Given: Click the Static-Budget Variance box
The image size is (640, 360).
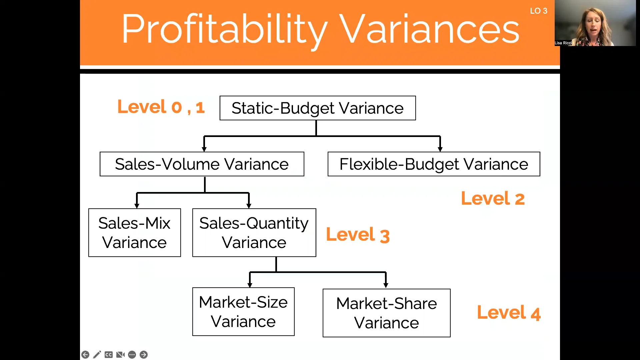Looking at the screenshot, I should pyautogui.click(x=317, y=108).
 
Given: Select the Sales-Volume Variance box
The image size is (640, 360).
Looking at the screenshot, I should pyautogui.click(x=202, y=164).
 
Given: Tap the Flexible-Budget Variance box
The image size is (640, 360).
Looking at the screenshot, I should pyautogui.click(x=434, y=164).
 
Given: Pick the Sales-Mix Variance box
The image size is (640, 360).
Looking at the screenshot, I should pyautogui.click(x=134, y=233).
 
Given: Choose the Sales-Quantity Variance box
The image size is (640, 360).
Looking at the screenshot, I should pyautogui.click(x=254, y=233).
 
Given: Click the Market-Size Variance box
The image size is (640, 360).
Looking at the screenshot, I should pyautogui.click(x=243, y=312).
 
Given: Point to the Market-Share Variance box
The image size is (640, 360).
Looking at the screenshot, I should pyautogui.click(x=386, y=313).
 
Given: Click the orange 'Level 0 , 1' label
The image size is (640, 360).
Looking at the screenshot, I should pyautogui.click(x=161, y=107).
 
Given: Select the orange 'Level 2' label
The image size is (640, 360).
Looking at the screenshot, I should pyautogui.click(x=493, y=199).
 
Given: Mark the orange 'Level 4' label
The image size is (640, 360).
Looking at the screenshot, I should pyautogui.click(x=509, y=313).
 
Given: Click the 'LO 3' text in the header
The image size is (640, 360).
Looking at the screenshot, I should pyautogui.click(x=538, y=11).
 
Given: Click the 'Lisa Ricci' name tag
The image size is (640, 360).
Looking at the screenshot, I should pyautogui.click(x=563, y=43).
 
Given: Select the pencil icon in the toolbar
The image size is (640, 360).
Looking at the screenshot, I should pyautogui.click(x=97, y=355).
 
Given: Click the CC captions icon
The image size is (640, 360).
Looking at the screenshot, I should pyautogui.click(x=109, y=355).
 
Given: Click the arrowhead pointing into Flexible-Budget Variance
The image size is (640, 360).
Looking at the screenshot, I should pyautogui.click(x=440, y=149).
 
